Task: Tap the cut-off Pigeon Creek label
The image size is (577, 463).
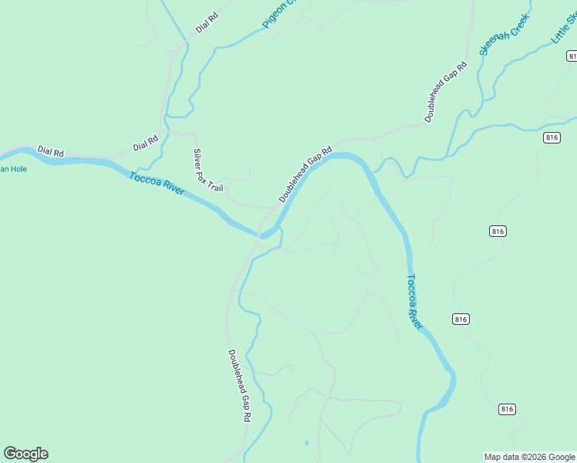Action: (274, 15)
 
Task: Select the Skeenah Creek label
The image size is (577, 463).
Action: (504, 35)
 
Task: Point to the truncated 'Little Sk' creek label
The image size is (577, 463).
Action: (563, 29)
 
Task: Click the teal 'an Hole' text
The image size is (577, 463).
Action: (13, 169)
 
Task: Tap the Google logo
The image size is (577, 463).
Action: (25, 454)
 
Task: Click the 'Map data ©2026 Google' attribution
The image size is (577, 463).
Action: (529, 457)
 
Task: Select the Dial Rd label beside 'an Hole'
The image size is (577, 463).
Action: (50, 152)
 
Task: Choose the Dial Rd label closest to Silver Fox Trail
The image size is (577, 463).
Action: (145, 143)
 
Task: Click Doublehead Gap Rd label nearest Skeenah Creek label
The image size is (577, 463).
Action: (446, 92)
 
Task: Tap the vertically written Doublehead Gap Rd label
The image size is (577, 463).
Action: (240, 385)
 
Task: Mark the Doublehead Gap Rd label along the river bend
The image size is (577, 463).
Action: (305, 174)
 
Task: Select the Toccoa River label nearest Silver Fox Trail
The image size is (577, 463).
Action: (157, 183)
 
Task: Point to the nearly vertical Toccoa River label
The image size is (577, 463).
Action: (415, 302)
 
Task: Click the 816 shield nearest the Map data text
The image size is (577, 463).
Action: (506, 409)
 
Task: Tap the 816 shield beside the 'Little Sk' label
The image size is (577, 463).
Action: (572, 56)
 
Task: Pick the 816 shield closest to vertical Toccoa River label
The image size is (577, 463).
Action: (461, 319)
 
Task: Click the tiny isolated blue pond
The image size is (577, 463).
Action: (306, 443)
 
